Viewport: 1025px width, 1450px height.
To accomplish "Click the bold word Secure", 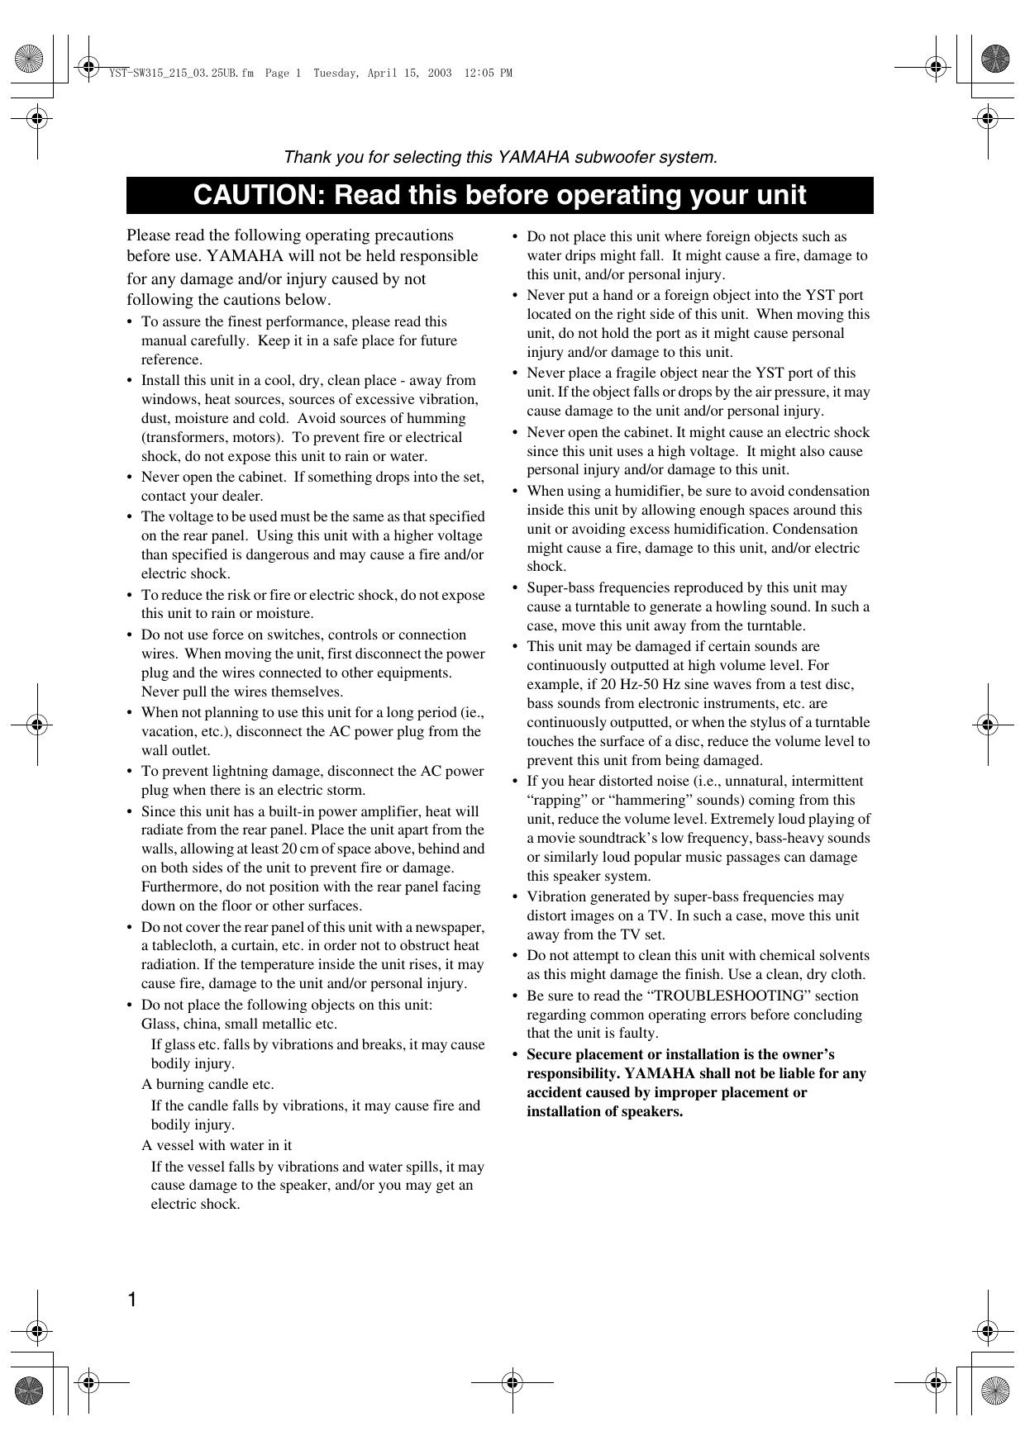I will pos(550,1054).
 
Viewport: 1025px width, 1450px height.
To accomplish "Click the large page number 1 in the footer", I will pos(131,1300).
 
